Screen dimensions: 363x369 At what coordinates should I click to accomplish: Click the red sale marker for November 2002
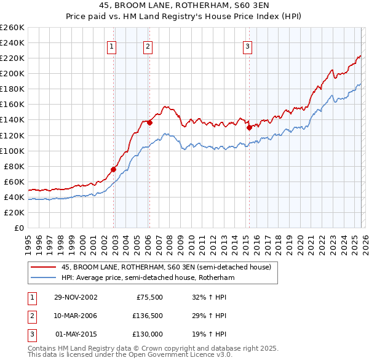coord(114,169)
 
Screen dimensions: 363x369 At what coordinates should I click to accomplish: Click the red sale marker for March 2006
coord(149,122)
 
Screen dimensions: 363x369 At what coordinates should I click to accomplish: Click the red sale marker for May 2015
coord(249,128)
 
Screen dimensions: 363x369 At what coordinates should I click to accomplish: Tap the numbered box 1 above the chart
coord(112,46)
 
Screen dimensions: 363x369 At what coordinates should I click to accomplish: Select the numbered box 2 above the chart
coord(148,46)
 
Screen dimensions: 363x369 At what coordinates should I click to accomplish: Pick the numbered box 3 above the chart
coord(247,46)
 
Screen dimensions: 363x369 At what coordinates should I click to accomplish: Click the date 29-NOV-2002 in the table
coord(76,297)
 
